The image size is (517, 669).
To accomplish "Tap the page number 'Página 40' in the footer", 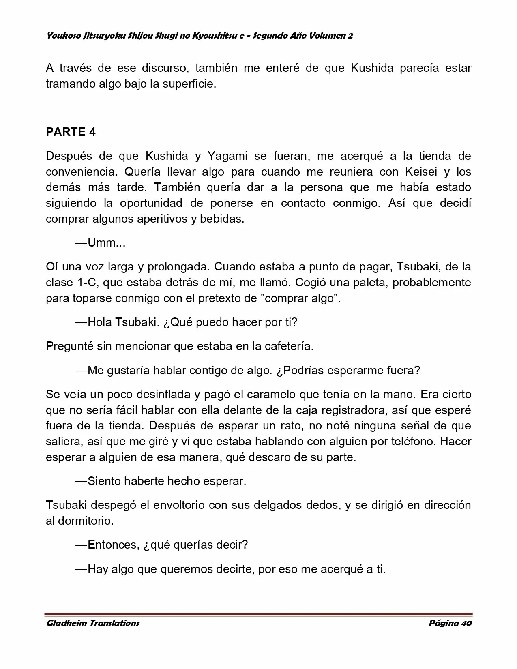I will [x=450, y=623].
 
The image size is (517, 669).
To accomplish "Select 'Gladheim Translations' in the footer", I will [x=93, y=623].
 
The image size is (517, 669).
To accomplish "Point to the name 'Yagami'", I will [x=227, y=156].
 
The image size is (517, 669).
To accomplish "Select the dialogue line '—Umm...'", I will [x=101, y=243].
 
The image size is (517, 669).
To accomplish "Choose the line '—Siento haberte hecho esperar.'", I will [x=161, y=481].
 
